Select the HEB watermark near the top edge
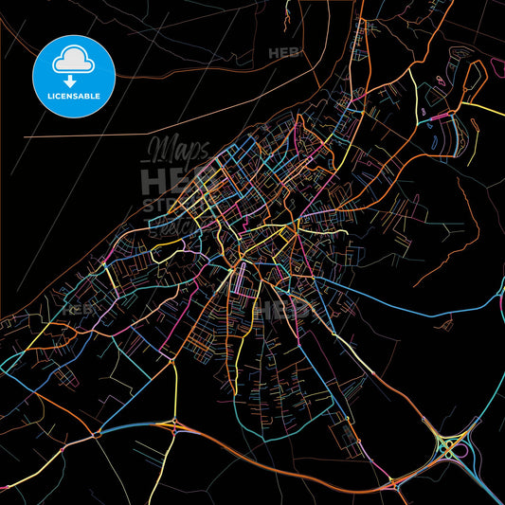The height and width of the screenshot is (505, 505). coord(283,53)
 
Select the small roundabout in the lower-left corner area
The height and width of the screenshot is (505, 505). coord(97,436)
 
